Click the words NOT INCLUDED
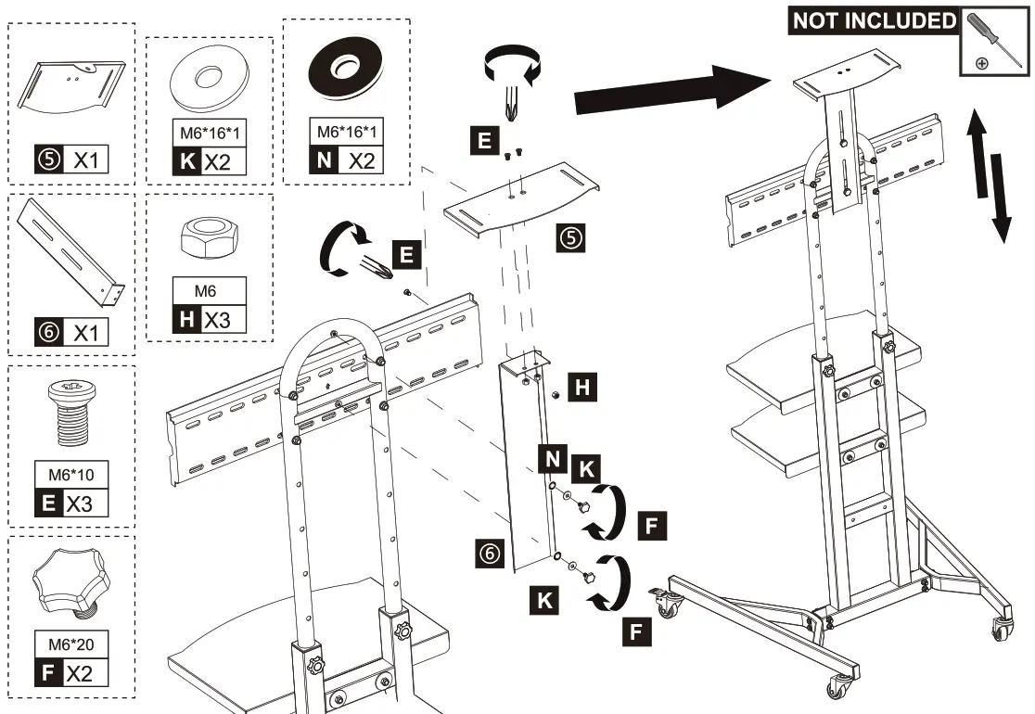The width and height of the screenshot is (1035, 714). click(x=873, y=21)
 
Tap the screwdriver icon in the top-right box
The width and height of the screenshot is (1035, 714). click(x=994, y=40)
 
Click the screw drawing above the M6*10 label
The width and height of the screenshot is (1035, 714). click(x=71, y=417)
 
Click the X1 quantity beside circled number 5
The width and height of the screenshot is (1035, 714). click(x=86, y=160)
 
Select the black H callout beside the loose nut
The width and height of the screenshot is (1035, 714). click(x=581, y=388)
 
